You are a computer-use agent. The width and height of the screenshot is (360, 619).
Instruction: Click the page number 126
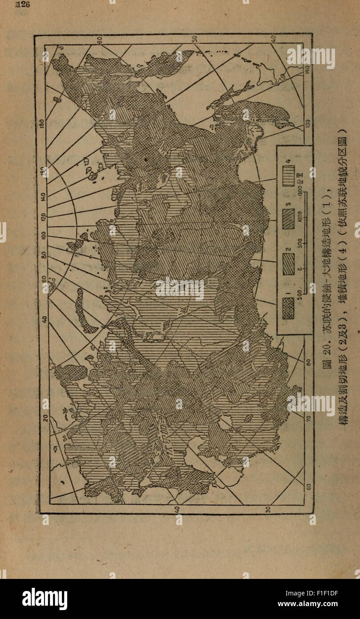click(22, 5)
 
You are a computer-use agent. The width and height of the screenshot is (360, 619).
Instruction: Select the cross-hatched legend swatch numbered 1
click(288, 307)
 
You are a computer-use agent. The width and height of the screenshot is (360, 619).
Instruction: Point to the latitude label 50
click(194, 39)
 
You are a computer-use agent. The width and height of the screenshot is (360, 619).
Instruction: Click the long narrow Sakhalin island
click(229, 96)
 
